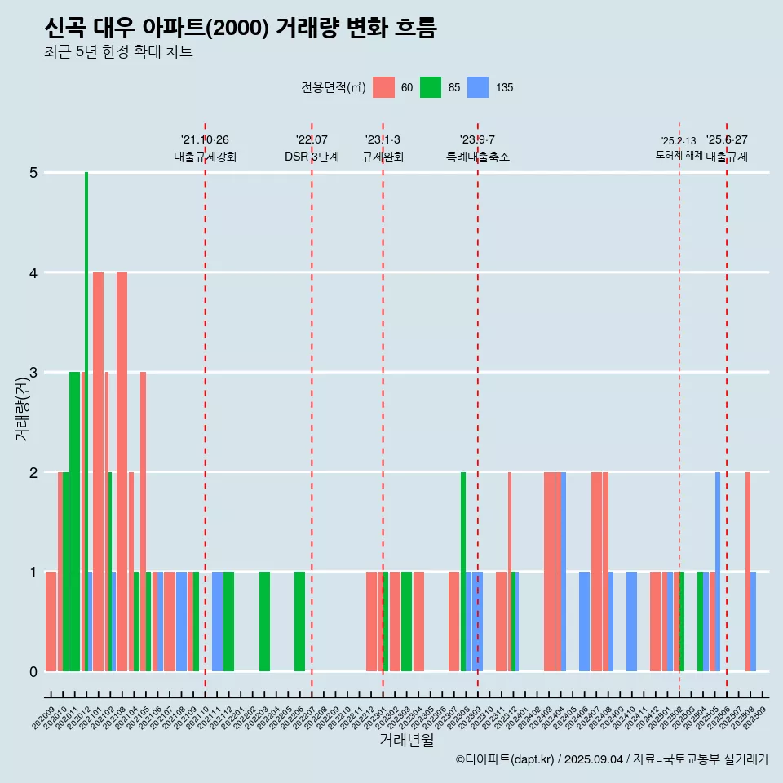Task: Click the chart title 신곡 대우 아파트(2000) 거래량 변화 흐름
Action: click(241, 29)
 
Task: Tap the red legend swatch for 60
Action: click(383, 87)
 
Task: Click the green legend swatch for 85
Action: click(431, 87)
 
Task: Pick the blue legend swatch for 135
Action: click(478, 87)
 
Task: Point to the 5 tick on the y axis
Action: click(33, 173)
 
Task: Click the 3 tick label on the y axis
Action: click(33, 373)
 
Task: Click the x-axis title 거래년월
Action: click(406, 740)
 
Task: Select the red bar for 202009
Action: click(51, 622)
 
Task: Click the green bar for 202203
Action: click(264, 622)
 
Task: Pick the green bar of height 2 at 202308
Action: click(463, 571)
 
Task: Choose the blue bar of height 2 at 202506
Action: click(718, 571)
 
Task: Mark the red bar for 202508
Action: click(747, 571)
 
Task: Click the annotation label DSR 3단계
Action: click(312, 157)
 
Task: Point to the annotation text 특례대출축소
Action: click(478, 157)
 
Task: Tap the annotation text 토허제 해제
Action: click(679, 155)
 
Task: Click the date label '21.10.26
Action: click(205, 139)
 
